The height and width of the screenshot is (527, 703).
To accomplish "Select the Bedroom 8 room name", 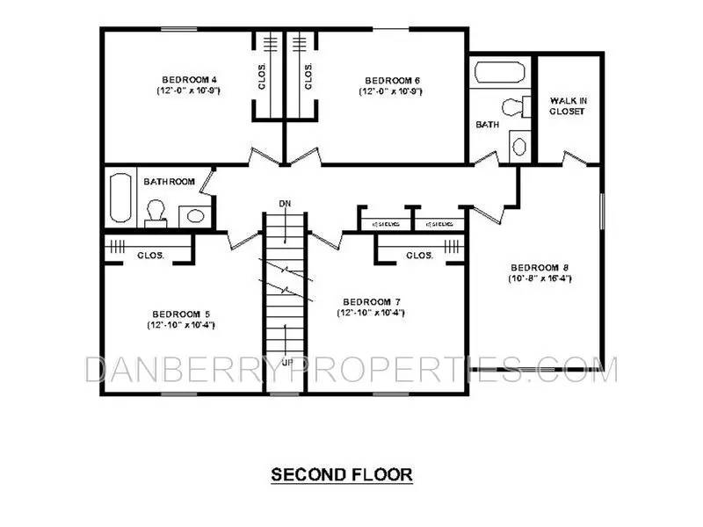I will point(534,267).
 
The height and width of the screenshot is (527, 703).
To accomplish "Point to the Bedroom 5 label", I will point(180,314).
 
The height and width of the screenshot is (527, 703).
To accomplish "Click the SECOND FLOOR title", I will point(341,475).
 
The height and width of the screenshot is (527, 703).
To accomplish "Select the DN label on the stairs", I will point(283,204).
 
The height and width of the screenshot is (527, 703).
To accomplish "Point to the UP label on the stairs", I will point(286,360).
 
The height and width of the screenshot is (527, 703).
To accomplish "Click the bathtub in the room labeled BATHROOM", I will point(120,199).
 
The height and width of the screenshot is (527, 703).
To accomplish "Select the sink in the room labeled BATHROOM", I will point(194,214).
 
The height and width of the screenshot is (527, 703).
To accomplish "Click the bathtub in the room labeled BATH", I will point(500,72).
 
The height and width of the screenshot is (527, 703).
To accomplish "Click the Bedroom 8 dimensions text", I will point(534,278).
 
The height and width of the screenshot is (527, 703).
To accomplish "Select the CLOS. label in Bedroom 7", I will point(418,256).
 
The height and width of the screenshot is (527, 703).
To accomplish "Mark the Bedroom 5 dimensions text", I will point(181,325).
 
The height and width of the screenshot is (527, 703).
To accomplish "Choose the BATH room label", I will point(487,125).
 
